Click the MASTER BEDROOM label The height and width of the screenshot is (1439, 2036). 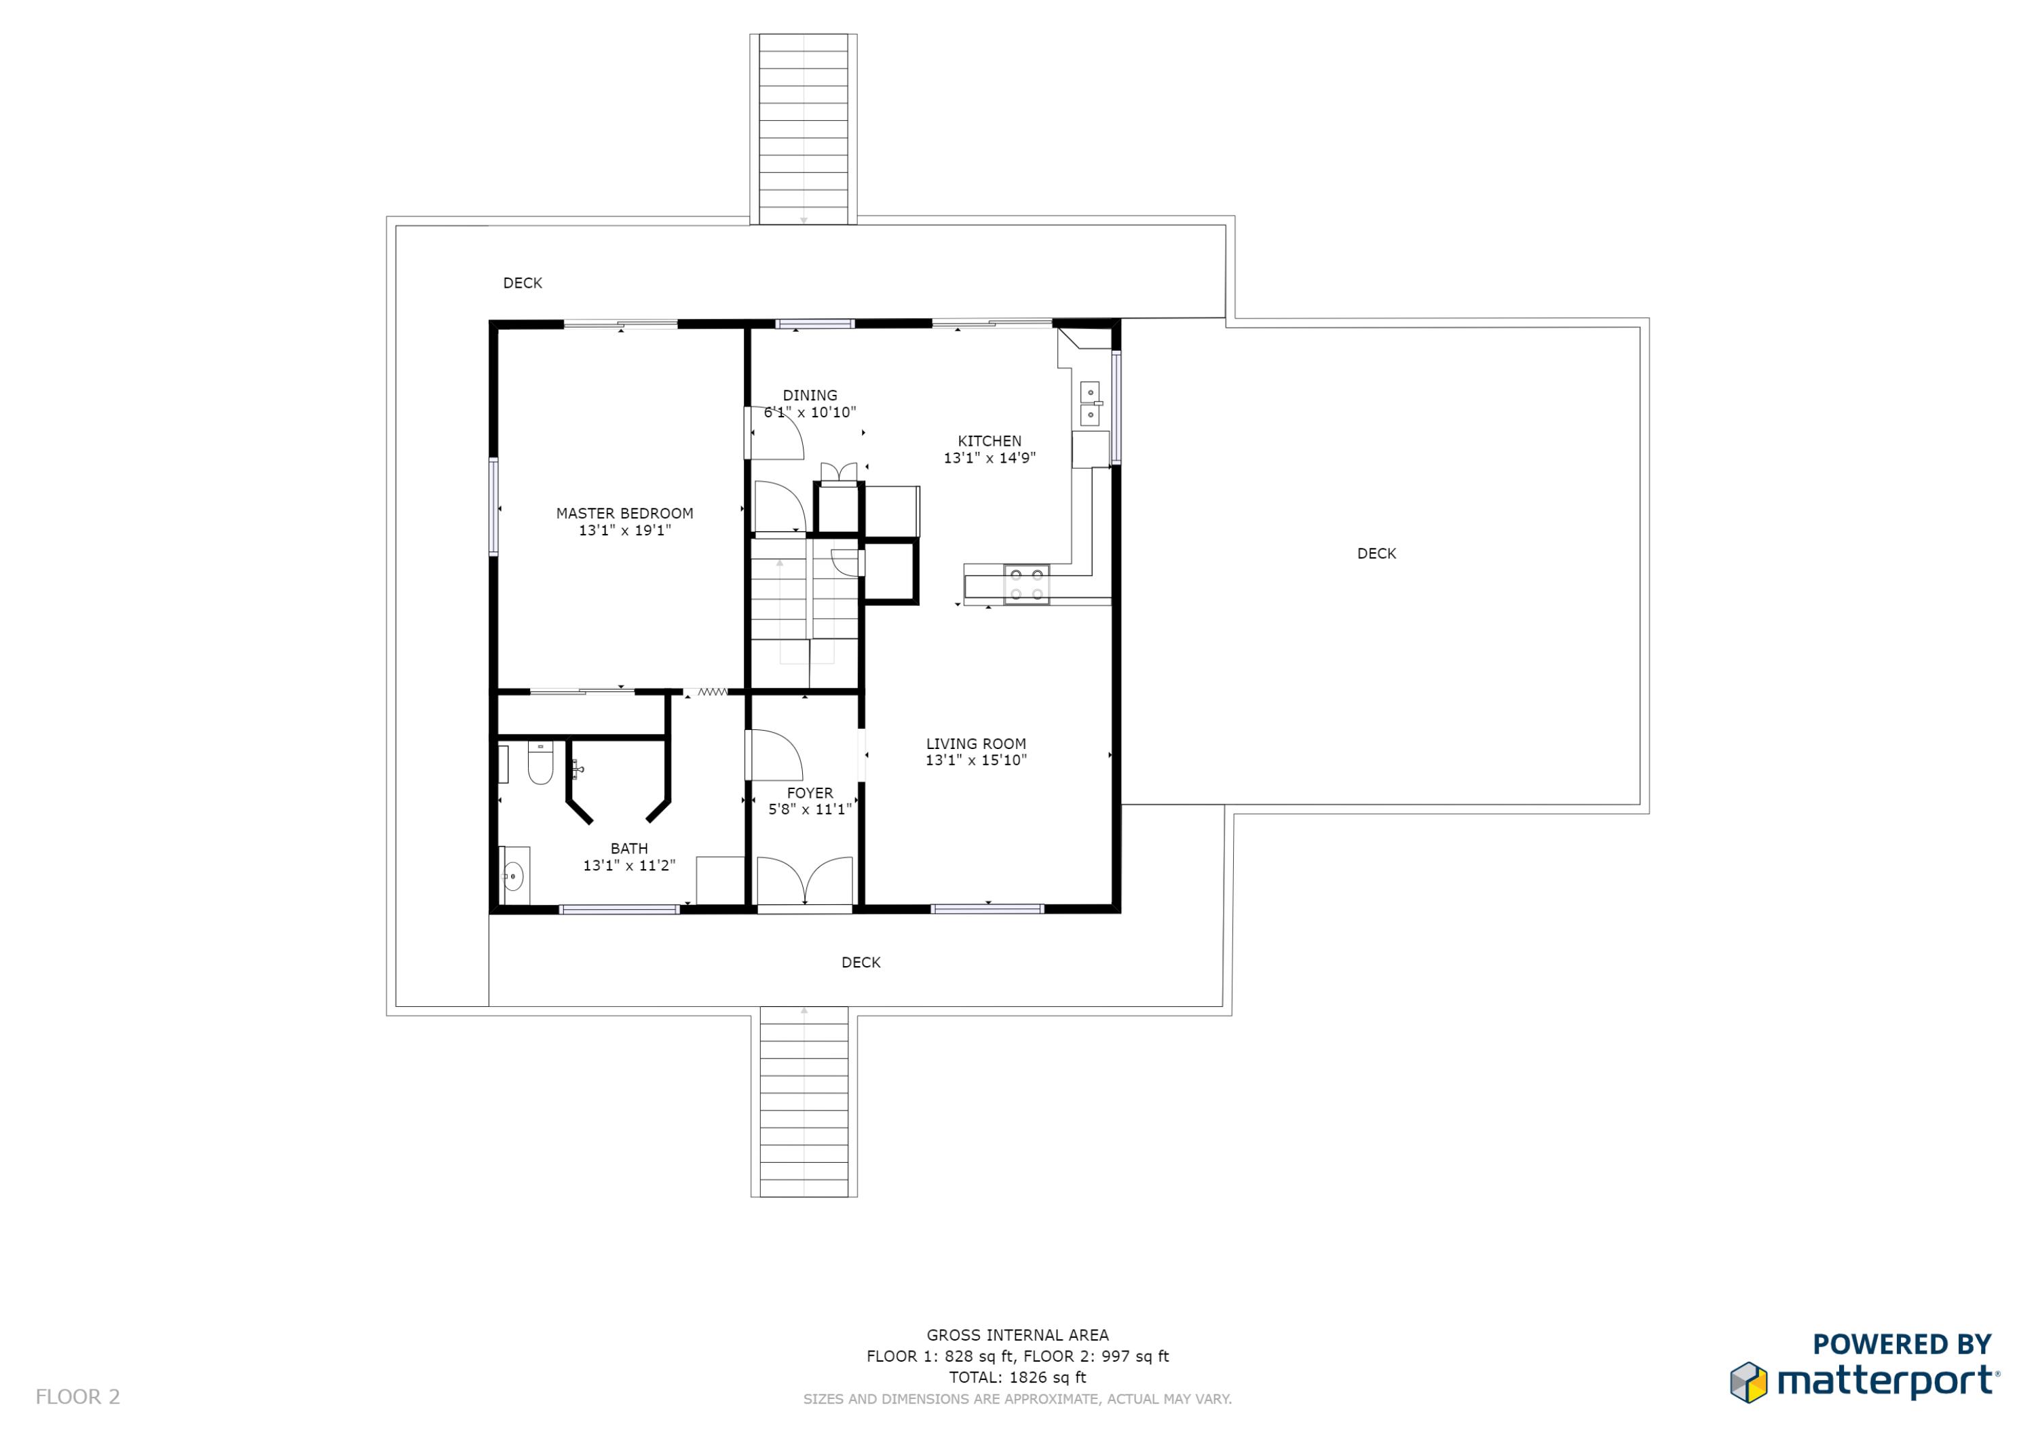tap(624, 514)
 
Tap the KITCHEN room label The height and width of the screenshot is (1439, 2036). tap(989, 440)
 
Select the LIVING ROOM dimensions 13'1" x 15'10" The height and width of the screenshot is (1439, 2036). tap(975, 760)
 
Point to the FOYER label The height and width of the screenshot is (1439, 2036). tap(809, 792)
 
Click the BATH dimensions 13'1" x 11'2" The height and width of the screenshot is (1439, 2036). tap(628, 865)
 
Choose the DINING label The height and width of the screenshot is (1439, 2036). tap(809, 396)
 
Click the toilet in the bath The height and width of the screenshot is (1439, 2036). tap(540, 763)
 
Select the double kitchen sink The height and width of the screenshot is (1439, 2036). tap(1090, 404)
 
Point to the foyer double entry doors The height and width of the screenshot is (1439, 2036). tap(804, 881)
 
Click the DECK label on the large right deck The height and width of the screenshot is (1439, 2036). tap(1376, 553)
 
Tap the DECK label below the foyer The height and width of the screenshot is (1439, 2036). tap(860, 962)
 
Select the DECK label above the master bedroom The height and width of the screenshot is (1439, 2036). tap(523, 283)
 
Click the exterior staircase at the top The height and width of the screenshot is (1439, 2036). tap(804, 128)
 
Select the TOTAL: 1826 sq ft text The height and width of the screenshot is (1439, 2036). tap(1017, 1377)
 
